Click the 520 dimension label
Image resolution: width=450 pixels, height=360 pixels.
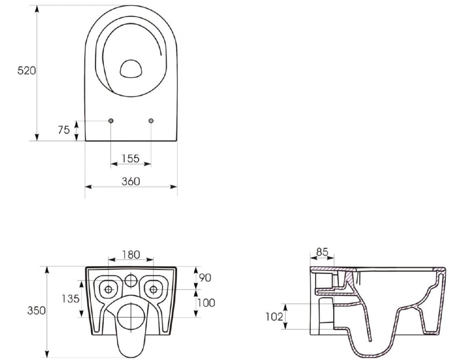[x=26, y=71]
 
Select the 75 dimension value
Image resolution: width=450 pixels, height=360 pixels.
[x=64, y=130]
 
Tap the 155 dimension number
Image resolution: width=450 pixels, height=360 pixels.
[x=131, y=158]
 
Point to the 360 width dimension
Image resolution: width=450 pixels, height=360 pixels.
[x=131, y=181]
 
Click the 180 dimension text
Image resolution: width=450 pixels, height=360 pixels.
[x=131, y=254]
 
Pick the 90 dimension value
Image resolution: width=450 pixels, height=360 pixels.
[x=205, y=277]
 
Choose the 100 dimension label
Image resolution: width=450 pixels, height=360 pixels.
[x=206, y=302]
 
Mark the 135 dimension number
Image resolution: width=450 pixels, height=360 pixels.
[x=70, y=298]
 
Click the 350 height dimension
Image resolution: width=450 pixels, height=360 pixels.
[x=37, y=310]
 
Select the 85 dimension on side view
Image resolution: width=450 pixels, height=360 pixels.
[x=322, y=252]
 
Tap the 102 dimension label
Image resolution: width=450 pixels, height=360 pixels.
[x=274, y=316]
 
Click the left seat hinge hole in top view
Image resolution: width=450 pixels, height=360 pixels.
[x=110, y=121]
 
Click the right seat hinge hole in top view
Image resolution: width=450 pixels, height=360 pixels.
[x=151, y=121]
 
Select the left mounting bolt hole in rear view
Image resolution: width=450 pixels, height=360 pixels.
[x=108, y=289]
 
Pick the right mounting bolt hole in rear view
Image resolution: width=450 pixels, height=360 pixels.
[x=153, y=289]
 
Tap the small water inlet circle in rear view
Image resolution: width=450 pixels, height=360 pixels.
[x=131, y=280]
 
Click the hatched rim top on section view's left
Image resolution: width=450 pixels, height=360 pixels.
[x=323, y=268]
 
